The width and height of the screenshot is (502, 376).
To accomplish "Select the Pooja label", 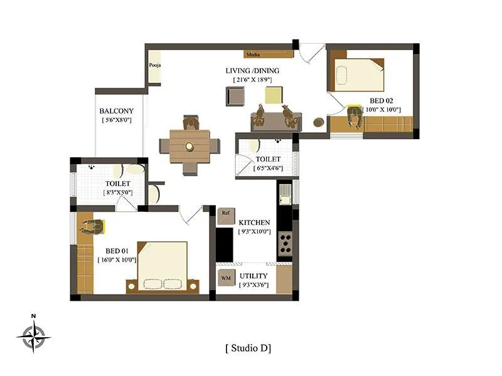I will click(x=154, y=65).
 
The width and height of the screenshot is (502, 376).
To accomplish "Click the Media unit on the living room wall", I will click(x=254, y=55).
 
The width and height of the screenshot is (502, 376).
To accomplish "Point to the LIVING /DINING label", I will click(x=252, y=71).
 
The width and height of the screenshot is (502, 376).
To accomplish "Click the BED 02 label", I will click(x=381, y=101).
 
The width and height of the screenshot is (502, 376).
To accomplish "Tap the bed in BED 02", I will click(x=358, y=75).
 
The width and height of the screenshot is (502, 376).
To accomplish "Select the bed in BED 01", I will click(x=163, y=267).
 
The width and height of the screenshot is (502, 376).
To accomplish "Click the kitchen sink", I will click(x=284, y=194).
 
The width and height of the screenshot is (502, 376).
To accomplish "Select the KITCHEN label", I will click(x=254, y=222).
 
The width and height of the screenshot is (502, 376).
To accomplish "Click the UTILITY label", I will click(x=254, y=276).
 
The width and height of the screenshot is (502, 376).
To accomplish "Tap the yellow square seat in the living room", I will click(x=274, y=95).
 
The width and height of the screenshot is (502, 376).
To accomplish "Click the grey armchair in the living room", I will click(x=236, y=97).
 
